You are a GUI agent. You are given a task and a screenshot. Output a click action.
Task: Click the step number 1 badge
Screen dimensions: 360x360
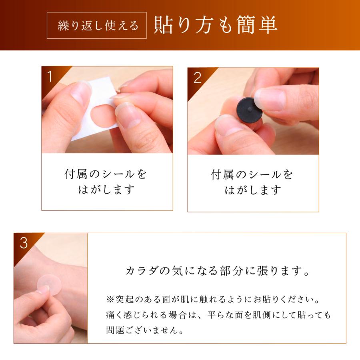[x=50, y=77]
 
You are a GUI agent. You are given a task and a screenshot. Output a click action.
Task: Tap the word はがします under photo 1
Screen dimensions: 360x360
[x=107, y=190]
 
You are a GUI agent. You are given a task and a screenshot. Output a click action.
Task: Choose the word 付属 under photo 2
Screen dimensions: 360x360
[x=221, y=175]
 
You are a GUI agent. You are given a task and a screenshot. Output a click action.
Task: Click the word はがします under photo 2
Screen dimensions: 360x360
[x=253, y=190]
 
